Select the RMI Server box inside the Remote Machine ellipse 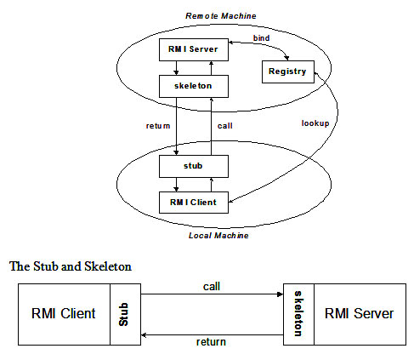pos(193,49)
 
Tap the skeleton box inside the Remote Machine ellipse pos(193,85)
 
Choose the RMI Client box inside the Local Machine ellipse pos(193,203)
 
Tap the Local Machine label pos(218,235)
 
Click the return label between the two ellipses pos(159,125)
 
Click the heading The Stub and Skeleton pos(71,266)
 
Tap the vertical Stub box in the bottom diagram pos(125,314)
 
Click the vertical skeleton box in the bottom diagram pos(297,314)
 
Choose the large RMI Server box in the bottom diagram pos(359,314)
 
